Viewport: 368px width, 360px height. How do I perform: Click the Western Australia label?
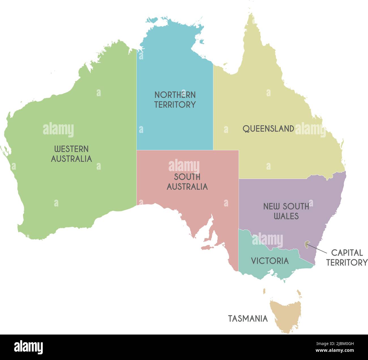[71, 154]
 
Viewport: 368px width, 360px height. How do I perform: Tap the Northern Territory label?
[175, 100]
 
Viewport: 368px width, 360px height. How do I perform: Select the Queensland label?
[268, 129]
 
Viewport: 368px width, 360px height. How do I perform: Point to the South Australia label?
[187, 182]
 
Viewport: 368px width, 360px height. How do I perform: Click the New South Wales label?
[286, 211]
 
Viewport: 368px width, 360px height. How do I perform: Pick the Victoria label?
[270, 261]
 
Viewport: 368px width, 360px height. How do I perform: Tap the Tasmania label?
[248, 318]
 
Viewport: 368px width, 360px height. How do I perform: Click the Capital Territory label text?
[347, 257]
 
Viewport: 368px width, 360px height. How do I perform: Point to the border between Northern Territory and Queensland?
[213, 113]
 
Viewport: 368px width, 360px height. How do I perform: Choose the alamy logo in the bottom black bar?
[28, 347]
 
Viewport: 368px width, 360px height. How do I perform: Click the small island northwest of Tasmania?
[264, 291]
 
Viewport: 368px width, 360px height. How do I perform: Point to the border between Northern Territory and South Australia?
[175, 150]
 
